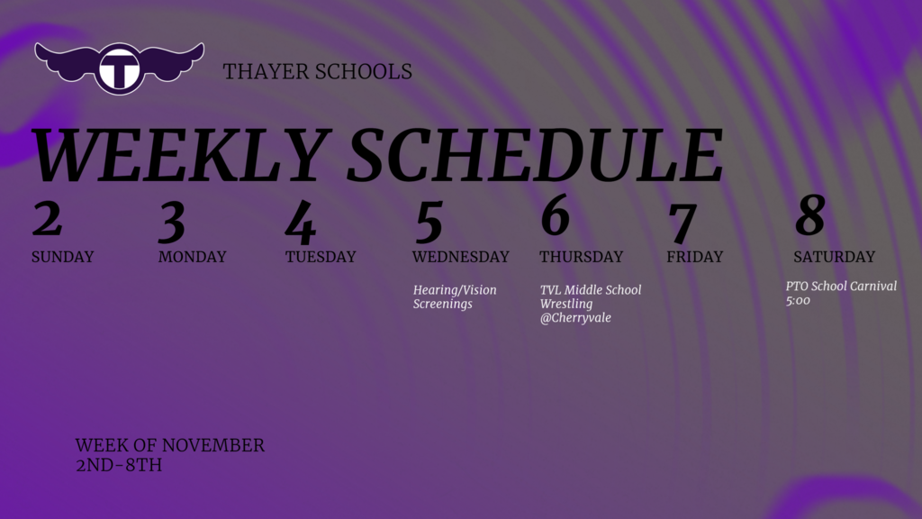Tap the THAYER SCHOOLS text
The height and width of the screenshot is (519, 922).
click(x=317, y=71)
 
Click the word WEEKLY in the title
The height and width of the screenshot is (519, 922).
click(x=176, y=157)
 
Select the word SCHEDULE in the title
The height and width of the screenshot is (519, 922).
click(x=535, y=157)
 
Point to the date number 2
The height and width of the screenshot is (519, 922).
click(x=47, y=218)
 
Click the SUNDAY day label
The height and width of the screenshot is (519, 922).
click(x=62, y=257)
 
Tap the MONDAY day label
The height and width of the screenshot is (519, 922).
click(x=192, y=257)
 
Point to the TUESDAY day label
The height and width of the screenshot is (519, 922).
click(x=321, y=257)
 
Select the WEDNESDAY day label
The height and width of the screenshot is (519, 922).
click(x=460, y=257)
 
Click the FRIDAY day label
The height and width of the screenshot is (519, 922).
click(x=694, y=257)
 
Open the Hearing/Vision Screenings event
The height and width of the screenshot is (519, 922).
click(x=455, y=296)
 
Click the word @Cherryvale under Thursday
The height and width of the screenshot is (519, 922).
click(x=575, y=318)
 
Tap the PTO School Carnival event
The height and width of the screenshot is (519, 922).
click(x=841, y=293)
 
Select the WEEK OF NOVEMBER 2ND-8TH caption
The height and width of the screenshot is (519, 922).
click(x=169, y=455)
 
